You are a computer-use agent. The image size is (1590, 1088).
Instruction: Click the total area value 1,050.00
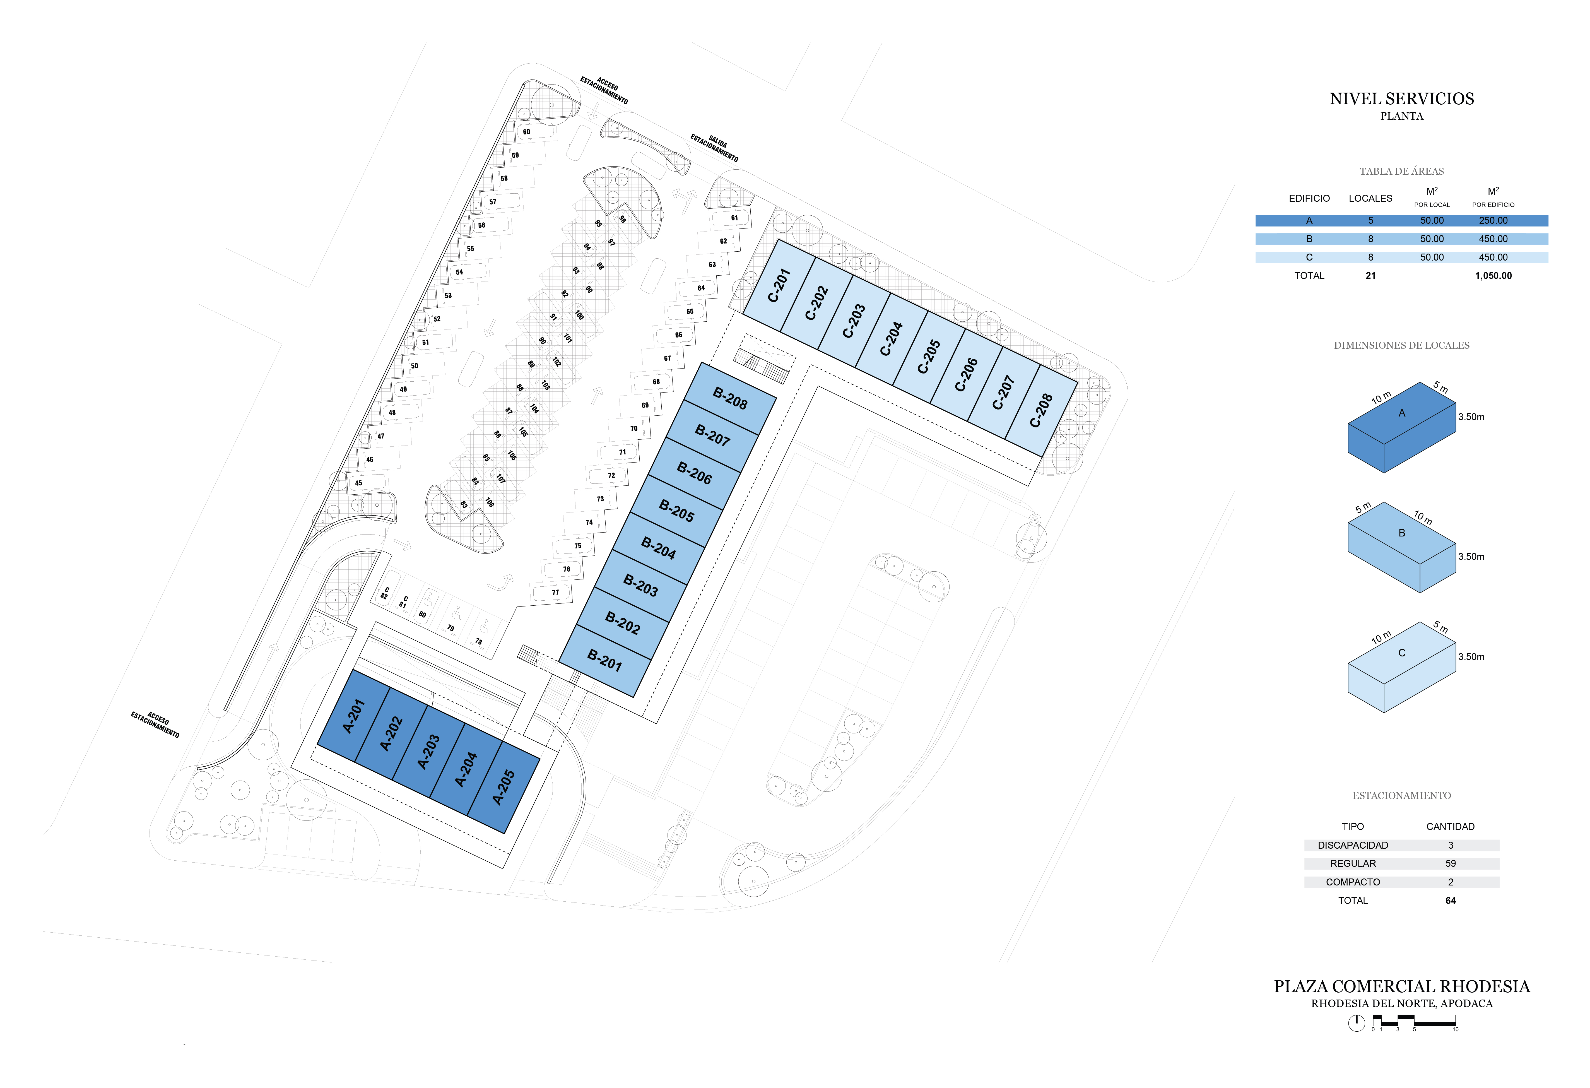pyautogui.click(x=1493, y=276)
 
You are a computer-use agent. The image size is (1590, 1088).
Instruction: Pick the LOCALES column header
pyautogui.click(x=1370, y=198)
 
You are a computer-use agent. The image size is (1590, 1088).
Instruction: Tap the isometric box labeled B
pyautogui.click(x=1401, y=547)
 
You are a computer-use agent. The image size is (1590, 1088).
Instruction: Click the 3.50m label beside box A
pyautogui.click(x=1471, y=417)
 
